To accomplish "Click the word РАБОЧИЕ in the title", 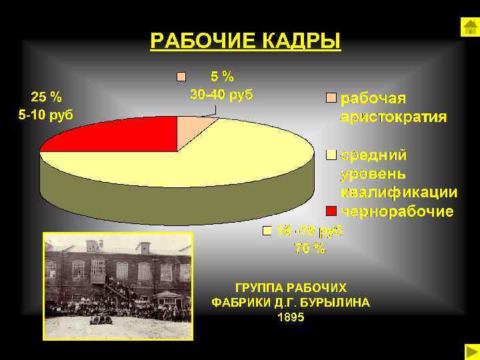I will (x=197, y=41).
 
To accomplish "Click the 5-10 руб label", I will (x=45, y=115).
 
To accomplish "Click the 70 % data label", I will (x=310, y=249).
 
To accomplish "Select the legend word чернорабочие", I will (x=397, y=211).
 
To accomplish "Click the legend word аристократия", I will (x=394, y=117).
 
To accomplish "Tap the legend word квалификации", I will (x=399, y=193).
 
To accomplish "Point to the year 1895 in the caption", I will (x=291, y=317).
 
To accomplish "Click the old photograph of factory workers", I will (x=118, y=286).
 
